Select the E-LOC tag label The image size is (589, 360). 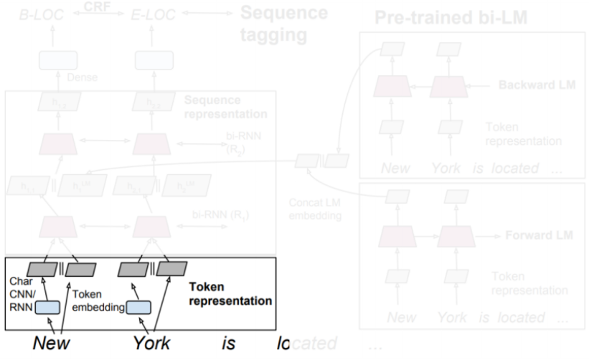156,14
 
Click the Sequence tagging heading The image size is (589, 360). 283,24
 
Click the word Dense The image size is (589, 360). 82,76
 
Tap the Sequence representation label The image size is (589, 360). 225,107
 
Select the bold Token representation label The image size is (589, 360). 230,294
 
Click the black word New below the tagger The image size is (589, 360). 52,343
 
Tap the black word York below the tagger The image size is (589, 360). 151,343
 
